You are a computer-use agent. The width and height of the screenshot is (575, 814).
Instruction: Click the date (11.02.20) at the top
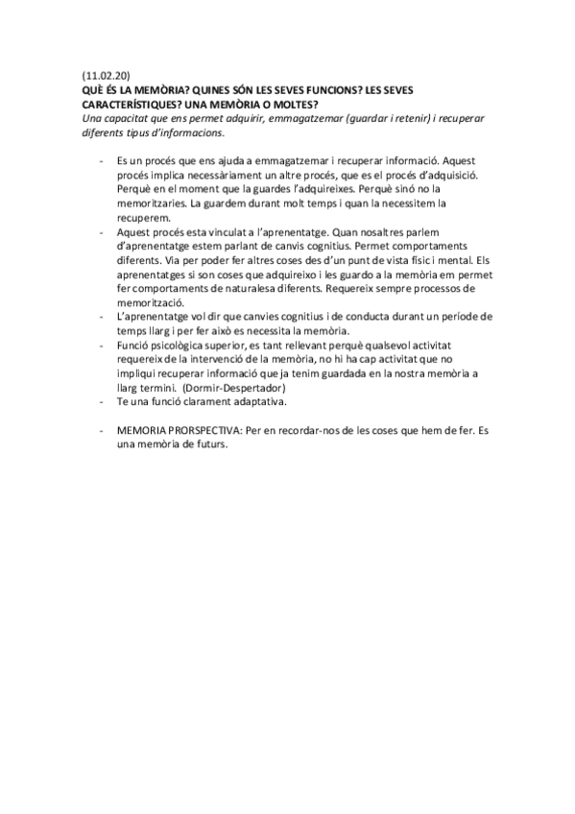click(x=107, y=74)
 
